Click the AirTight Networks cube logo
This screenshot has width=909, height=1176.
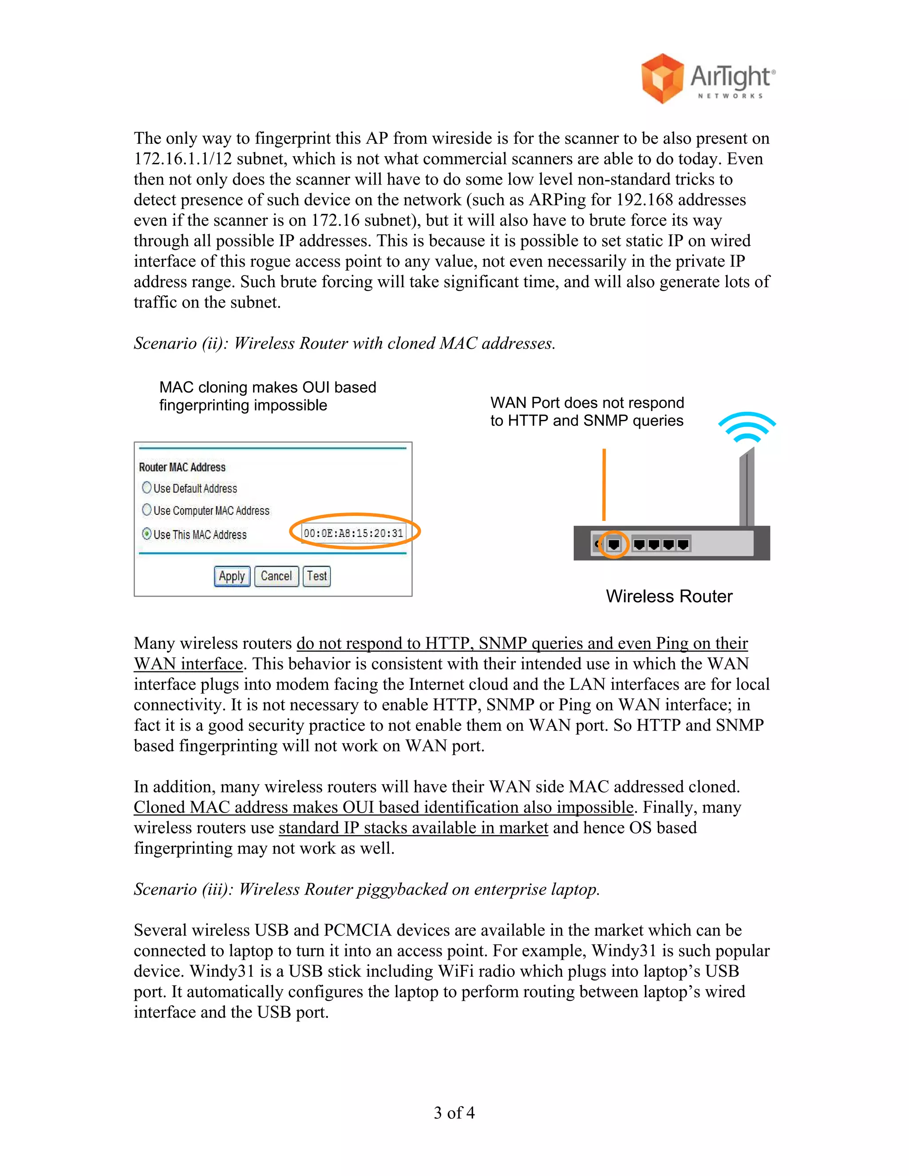662,79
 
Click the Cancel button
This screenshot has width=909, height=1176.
276,576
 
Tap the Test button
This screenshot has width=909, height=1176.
316,576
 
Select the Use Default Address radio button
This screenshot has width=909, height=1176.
146,487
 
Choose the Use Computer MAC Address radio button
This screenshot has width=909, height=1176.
146,509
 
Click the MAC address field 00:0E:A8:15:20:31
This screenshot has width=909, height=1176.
353,533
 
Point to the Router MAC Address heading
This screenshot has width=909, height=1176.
182,467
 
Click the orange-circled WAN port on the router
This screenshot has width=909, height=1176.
613,545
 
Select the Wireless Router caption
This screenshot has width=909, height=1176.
669,596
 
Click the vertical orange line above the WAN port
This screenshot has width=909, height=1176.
604,485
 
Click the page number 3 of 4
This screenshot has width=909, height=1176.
454,1113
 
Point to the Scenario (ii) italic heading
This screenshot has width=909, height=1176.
344,343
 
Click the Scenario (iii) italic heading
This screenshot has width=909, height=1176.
366,889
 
